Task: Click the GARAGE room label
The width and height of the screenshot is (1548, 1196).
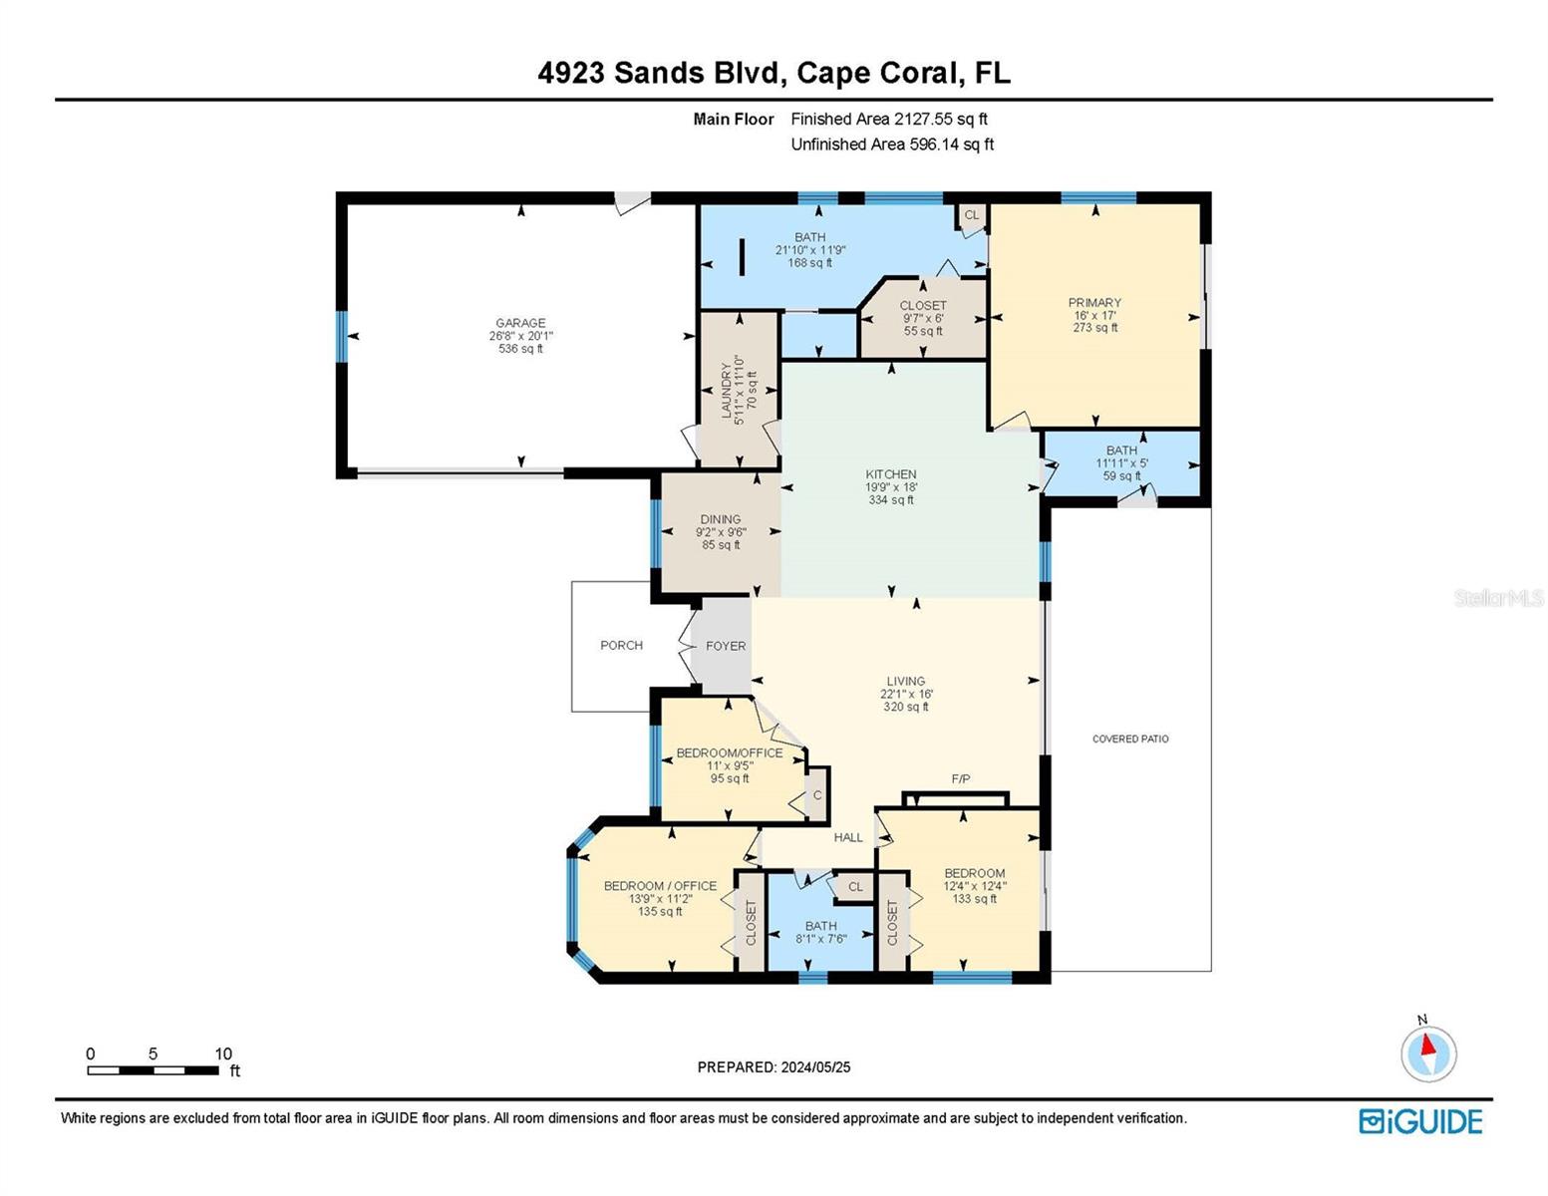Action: (x=520, y=323)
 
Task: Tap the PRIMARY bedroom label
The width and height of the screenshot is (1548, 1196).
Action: (x=1094, y=303)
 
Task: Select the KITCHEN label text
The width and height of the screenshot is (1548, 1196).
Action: (x=890, y=474)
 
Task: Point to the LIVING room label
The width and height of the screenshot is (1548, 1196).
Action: (x=905, y=681)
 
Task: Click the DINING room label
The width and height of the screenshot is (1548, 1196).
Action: (x=721, y=519)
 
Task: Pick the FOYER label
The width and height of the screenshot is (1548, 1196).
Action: (x=726, y=646)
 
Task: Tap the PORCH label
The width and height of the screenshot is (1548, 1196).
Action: (x=621, y=646)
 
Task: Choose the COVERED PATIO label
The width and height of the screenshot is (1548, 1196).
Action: (x=1130, y=740)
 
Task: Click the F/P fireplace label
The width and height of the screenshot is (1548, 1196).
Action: (x=960, y=779)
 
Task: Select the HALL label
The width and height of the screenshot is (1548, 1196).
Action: (x=847, y=838)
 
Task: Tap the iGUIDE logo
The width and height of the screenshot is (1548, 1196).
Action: (x=1420, y=1121)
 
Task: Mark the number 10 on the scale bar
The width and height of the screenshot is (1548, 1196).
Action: (x=223, y=1053)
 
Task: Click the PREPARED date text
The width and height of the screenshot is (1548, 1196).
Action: (x=774, y=1067)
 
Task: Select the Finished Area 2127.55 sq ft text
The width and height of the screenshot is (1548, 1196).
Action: (x=889, y=119)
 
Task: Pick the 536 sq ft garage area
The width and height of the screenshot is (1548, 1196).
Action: (x=520, y=348)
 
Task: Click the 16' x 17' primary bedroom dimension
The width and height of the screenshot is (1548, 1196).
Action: (x=1094, y=316)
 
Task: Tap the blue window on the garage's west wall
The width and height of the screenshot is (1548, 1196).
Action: (x=342, y=336)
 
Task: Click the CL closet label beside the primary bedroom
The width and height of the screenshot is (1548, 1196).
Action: (x=972, y=215)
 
